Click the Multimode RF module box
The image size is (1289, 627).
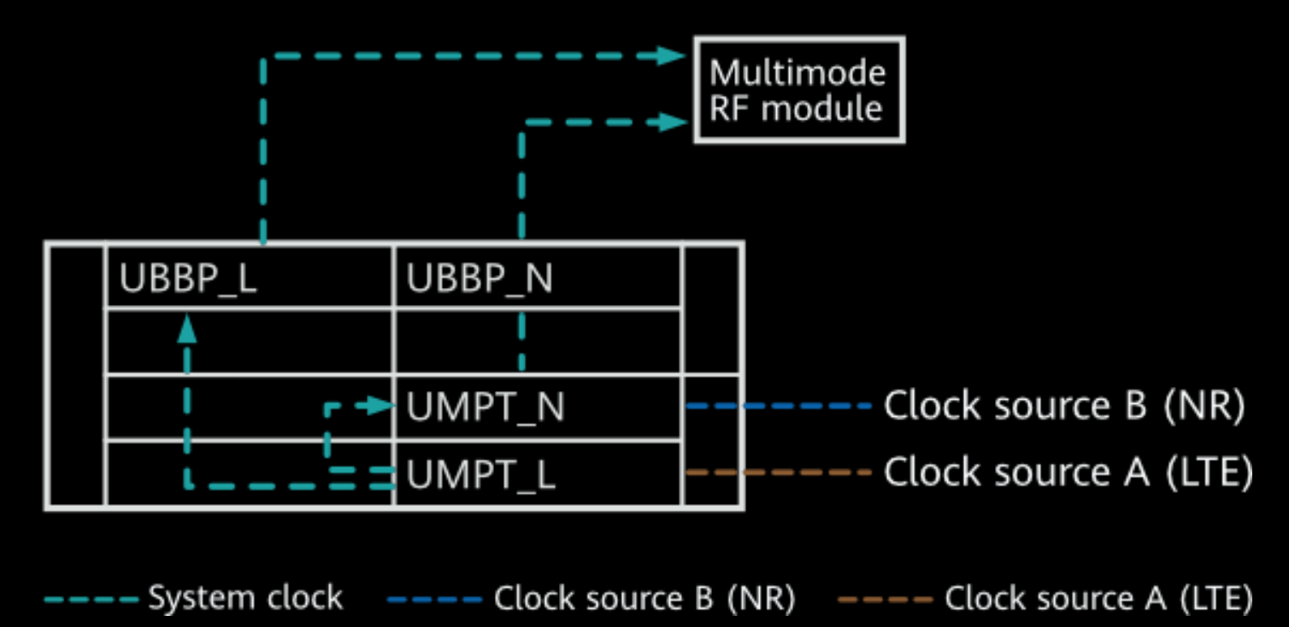pos(798,90)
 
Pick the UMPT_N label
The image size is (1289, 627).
pos(486,407)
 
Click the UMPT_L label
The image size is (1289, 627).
pos(481,474)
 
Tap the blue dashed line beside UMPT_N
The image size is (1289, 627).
pos(778,406)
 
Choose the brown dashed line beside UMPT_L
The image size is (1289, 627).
pos(778,472)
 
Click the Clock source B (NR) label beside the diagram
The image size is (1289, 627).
pos(1063,406)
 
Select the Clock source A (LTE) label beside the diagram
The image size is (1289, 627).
pos(1068,472)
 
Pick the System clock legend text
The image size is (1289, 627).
pos(245,598)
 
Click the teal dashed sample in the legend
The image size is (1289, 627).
pos(91,599)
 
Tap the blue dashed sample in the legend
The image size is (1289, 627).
pos(434,599)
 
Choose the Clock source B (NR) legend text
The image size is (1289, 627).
pos(644,598)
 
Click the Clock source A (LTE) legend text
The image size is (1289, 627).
pos(1098,598)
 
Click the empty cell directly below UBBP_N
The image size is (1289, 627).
pos(538,341)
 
